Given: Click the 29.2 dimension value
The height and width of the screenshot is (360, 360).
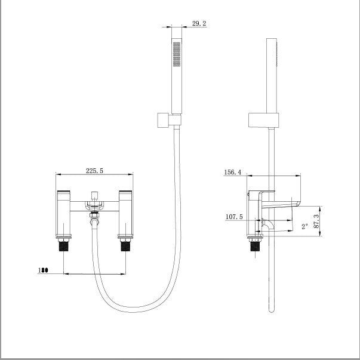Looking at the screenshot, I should (x=198, y=23).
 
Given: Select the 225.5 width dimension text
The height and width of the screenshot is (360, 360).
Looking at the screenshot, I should (x=94, y=170).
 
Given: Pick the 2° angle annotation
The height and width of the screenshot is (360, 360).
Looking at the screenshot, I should (x=304, y=226).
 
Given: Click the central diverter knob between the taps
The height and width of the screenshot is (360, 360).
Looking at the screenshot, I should (x=94, y=196).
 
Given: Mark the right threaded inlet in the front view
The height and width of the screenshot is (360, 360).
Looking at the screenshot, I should (x=126, y=245).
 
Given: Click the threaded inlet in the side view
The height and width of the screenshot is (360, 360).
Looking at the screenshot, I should (x=256, y=245).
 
